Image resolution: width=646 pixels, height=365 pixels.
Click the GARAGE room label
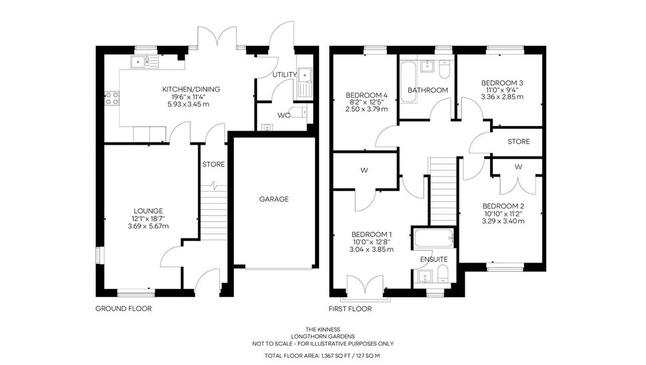274,199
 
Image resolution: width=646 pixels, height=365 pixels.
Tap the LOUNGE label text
148,211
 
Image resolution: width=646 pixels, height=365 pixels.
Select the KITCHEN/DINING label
191,89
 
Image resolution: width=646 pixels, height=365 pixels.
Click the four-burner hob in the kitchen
112,98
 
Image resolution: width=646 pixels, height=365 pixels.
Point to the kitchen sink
145,62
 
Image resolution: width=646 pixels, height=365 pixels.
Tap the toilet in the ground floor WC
299,111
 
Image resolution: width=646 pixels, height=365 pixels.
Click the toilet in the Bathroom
444,69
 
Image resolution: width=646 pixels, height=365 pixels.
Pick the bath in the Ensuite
434,238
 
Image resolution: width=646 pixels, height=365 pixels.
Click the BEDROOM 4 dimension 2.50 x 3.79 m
367,109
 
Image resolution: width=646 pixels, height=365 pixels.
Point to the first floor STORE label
518,141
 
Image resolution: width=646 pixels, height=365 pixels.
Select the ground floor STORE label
213,165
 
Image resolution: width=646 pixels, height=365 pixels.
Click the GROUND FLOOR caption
124,308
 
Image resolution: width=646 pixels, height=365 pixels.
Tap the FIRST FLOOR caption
350,308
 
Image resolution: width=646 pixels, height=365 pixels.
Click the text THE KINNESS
323,329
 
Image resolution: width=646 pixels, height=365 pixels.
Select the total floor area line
322,356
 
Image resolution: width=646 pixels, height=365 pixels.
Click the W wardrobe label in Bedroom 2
518,167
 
